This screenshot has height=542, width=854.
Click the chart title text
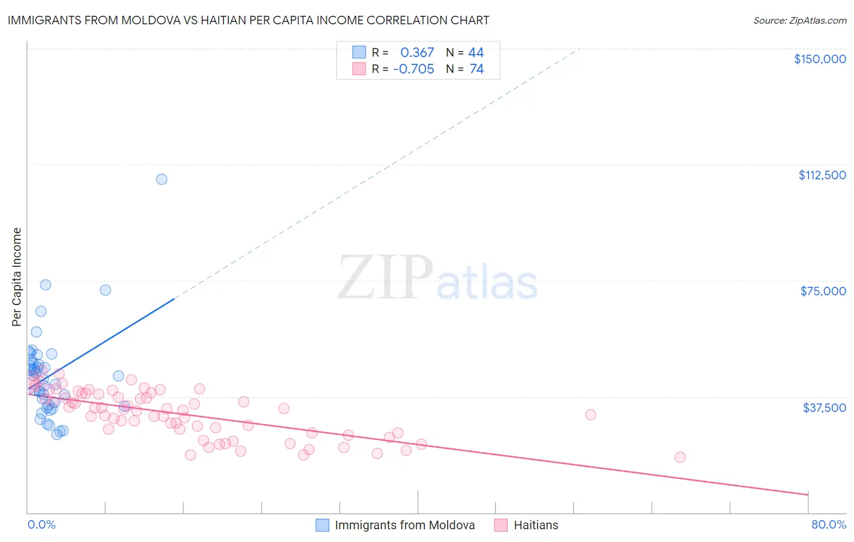pos(248,21)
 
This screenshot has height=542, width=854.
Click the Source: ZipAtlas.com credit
pos(799,21)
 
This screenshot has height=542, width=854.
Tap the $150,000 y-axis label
pos(819,59)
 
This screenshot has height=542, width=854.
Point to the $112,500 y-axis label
pos(822,175)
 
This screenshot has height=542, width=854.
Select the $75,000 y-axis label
pos(822,291)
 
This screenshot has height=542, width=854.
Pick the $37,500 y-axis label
pos(824,408)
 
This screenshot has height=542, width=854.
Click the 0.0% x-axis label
pos(41,524)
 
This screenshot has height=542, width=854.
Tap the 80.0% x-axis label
pos(828,524)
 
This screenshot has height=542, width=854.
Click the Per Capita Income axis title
pos(17,276)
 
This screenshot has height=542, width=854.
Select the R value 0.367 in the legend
pos(417,53)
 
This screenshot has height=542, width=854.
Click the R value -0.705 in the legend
pos(414,69)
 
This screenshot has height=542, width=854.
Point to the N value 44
pos(476,53)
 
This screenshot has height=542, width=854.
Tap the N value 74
pos(476,69)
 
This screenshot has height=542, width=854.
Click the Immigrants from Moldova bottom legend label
pos(405,525)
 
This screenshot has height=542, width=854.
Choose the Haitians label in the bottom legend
pos(535,525)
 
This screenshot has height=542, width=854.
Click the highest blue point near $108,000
pos(162,179)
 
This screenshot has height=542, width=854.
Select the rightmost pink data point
pos(680,457)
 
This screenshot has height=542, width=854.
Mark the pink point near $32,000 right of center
pos(590,415)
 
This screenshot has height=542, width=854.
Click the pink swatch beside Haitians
pos(501,525)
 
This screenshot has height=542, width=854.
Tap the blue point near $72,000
pos(106,290)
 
